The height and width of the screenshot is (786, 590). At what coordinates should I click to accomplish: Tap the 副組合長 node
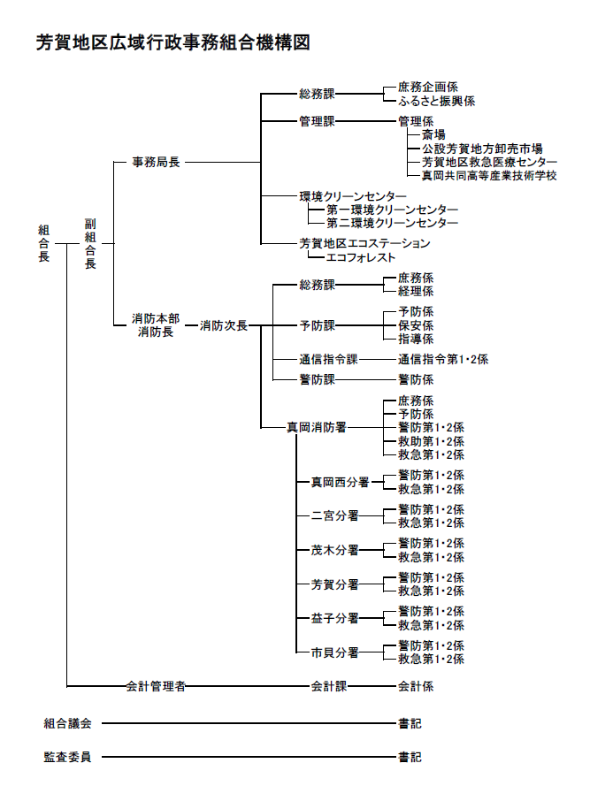pyautogui.click(x=90, y=243)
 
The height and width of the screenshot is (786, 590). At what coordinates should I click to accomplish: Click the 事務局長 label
pyautogui.click(x=156, y=163)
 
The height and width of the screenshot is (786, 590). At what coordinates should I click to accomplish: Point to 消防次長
pyautogui.click(x=224, y=325)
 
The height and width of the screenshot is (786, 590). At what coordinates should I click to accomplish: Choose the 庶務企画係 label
pyautogui.click(x=428, y=88)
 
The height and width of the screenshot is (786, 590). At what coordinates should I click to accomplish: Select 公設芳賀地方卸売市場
pyautogui.click(x=483, y=149)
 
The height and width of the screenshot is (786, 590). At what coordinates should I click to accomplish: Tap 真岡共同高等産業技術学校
pyautogui.click(x=489, y=176)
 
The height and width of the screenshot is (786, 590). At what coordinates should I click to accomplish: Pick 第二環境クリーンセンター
pyautogui.click(x=393, y=224)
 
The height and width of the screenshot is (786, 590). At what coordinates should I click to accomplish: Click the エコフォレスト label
pyautogui.click(x=361, y=257)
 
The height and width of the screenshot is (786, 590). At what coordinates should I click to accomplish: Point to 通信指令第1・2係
pyautogui.click(x=443, y=359)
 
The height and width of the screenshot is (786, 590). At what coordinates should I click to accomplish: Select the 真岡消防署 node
pyautogui.click(x=316, y=427)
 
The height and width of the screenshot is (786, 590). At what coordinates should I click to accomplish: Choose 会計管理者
pyautogui.click(x=156, y=685)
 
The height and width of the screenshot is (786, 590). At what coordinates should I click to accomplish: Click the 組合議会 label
pyautogui.click(x=67, y=723)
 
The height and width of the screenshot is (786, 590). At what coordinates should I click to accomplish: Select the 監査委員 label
pyautogui.click(x=67, y=757)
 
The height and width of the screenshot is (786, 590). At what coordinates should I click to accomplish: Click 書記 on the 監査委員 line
pyautogui.click(x=410, y=757)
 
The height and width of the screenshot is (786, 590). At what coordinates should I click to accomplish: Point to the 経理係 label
pyautogui.click(x=416, y=291)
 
